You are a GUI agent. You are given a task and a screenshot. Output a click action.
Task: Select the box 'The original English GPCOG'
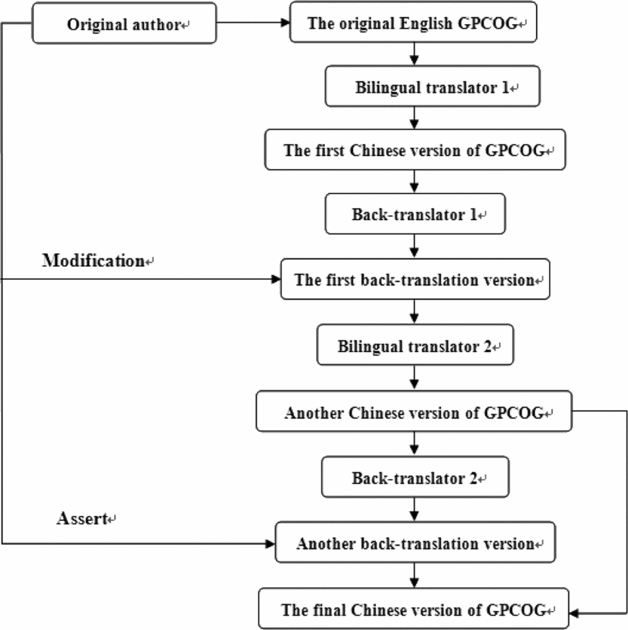click(414, 23)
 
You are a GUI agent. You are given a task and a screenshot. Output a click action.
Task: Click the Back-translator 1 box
click(414, 216)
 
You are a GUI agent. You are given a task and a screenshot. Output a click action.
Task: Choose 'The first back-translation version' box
click(414, 280)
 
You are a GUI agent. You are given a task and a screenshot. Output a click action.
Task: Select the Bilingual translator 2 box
click(414, 346)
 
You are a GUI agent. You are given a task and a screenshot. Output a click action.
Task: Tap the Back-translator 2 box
click(414, 478)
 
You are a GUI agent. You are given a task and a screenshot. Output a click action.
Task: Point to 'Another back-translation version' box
click(414, 543)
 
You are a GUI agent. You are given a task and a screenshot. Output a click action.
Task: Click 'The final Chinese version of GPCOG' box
click(414, 609)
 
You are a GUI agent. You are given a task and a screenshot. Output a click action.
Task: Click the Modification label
click(93, 261)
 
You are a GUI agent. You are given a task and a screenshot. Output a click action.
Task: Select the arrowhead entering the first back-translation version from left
click(276, 280)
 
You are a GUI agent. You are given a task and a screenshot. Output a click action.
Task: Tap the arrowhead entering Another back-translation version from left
click(271, 543)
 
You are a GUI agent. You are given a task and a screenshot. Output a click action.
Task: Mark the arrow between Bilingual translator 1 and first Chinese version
click(414, 118)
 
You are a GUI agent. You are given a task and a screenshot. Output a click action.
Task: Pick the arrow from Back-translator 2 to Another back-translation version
click(414, 509)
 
